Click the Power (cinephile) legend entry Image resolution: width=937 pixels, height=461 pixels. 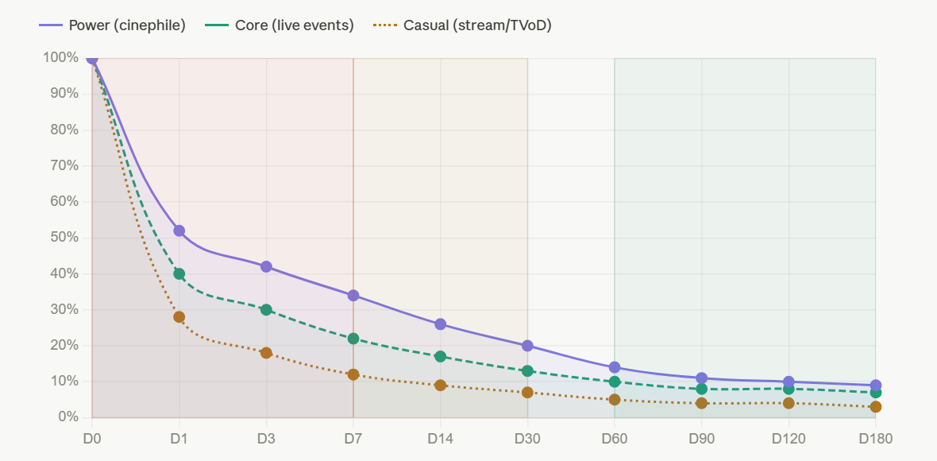[112, 25]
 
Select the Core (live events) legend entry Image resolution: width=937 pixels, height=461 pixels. [279, 25]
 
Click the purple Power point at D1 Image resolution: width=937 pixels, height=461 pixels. [179, 230]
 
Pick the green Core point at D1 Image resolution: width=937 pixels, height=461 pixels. [179, 274]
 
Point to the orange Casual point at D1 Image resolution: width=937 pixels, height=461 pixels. [179, 317]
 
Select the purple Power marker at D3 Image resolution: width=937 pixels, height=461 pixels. [266, 267]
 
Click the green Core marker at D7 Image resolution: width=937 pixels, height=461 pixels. [353, 339]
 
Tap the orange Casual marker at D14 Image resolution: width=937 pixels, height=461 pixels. [441, 385]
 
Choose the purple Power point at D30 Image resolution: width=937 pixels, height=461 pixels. [528, 346]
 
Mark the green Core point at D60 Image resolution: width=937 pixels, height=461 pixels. [615, 382]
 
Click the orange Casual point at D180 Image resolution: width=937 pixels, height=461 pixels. [875, 407]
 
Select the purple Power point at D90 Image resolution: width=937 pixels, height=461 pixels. [701, 378]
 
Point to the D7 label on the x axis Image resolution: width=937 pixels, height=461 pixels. [353, 439]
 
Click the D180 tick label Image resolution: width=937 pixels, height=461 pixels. [875, 439]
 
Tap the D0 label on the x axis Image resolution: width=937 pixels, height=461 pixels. [92, 439]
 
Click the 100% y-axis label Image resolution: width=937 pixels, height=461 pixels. [61, 57]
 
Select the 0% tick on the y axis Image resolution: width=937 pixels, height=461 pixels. [69, 416]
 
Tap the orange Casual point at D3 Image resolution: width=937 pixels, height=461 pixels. [266, 353]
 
